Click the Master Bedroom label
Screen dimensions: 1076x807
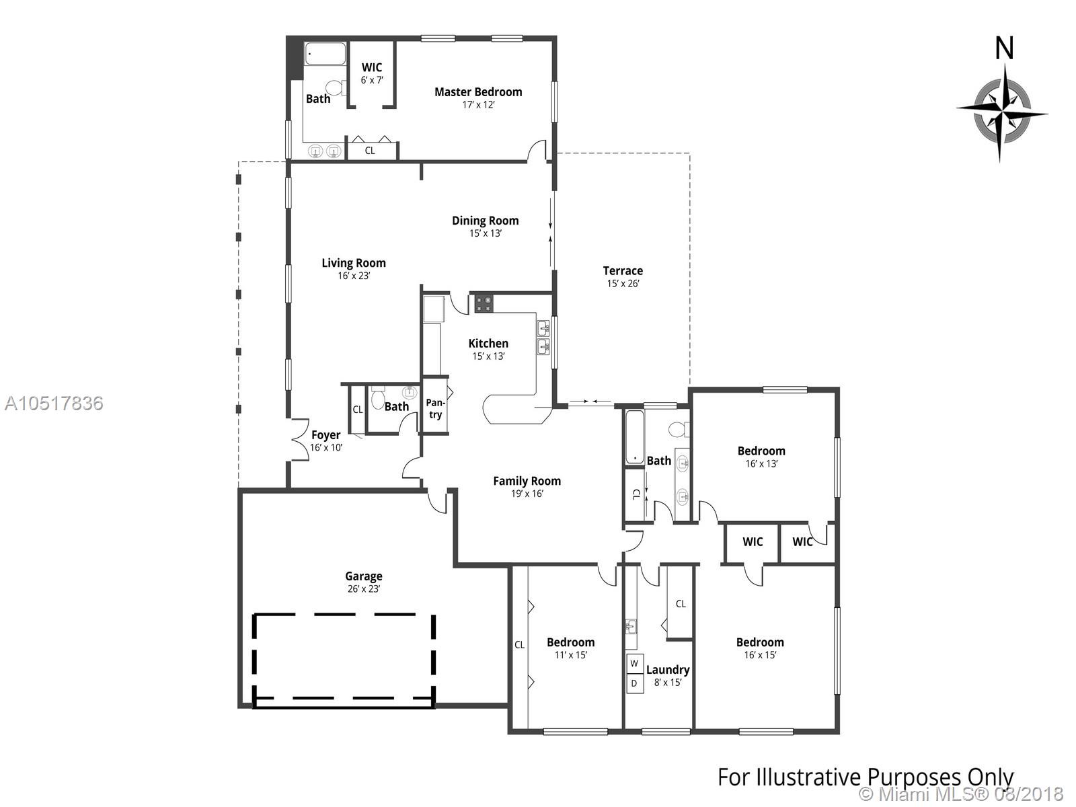pos(478,92)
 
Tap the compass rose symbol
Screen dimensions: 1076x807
pos(1002,114)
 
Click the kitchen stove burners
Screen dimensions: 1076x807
pos(484,304)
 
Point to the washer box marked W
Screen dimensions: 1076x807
pos(634,664)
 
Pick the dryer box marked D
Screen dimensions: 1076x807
pos(634,683)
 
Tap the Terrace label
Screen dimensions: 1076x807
pos(623,271)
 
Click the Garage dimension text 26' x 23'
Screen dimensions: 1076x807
pos(364,589)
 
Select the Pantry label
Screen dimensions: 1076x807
pos(435,409)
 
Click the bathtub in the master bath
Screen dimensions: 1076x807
pos(325,54)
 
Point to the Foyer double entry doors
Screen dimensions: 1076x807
pos(299,440)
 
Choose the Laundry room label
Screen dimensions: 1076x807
pos(668,670)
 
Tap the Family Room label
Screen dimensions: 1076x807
pos(527,481)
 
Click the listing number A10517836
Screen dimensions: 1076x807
pos(54,403)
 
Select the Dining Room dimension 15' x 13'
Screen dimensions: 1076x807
pos(486,233)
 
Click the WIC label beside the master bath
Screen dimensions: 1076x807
pos(372,68)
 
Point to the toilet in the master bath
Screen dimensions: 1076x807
pos(336,88)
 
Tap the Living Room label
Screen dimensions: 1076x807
pos(354,263)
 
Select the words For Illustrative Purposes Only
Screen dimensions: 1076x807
pos(866,777)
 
